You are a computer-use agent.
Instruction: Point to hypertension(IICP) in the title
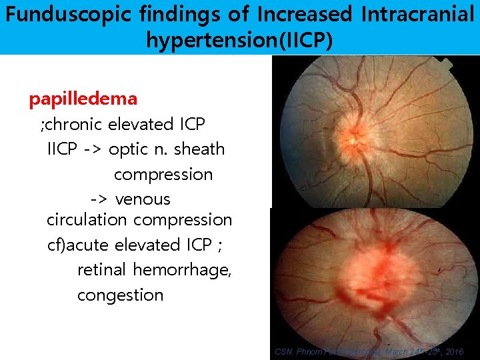(x=239, y=41)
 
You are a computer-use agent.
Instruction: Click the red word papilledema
(x=83, y=99)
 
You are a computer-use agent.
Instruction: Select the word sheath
(x=199, y=149)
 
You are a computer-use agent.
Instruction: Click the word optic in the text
(x=129, y=150)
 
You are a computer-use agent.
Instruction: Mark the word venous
(x=143, y=199)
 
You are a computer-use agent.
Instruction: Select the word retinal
(x=103, y=270)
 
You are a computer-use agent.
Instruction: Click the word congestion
(x=120, y=295)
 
